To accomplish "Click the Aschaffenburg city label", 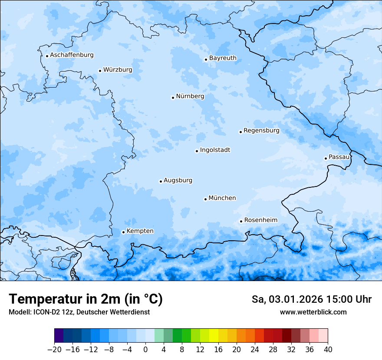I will tap(72, 55).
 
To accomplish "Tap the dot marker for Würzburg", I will tap(100, 71).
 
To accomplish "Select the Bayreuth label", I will tap(223, 58).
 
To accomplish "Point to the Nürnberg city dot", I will tap(173, 98).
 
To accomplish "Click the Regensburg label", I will tap(261, 131).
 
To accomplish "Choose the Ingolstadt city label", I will tap(215, 150).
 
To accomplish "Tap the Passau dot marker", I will tap(326, 158).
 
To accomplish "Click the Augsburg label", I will tap(178, 180).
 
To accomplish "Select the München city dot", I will tap(205, 199).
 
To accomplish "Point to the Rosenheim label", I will tap(260, 220).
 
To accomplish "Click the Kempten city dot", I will tap(123, 232).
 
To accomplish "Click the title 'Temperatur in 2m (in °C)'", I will tap(86, 299).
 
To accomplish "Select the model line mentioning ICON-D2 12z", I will tap(79, 312).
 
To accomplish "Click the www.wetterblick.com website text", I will tap(313, 312).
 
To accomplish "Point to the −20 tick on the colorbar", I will tap(54, 350).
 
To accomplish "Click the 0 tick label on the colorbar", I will tap(145, 350).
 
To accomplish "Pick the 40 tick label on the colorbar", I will tap(328, 350).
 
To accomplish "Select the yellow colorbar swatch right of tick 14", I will tap(214, 336).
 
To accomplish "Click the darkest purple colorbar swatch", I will tap(59, 336).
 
